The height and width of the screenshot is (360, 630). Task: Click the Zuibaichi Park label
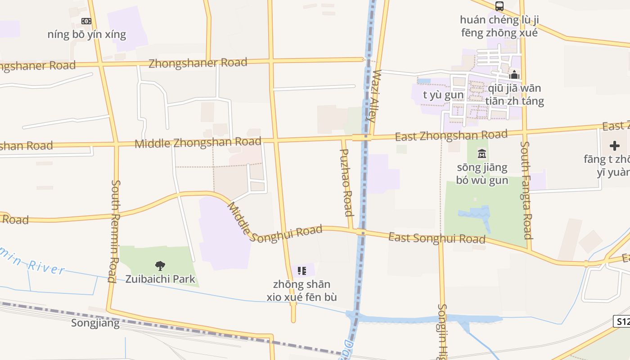click(160, 279)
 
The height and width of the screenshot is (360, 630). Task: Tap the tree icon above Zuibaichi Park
click(160, 266)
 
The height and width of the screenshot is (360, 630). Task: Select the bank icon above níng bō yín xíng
click(86, 21)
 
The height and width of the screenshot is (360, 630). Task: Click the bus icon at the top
click(499, 6)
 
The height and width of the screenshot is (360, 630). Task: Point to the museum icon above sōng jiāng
click(482, 154)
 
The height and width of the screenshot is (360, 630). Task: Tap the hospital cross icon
click(614, 146)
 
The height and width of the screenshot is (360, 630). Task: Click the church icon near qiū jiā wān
click(514, 75)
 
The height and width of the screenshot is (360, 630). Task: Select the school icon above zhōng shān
click(302, 271)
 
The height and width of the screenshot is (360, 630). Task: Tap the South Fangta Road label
click(526, 190)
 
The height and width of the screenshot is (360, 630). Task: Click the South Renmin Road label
click(115, 231)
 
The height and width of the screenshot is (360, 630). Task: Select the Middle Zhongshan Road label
click(198, 143)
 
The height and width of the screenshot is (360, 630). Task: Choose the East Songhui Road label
click(437, 238)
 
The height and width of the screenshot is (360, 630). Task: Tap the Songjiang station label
click(95, 323)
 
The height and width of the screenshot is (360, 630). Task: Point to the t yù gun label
click(443, 95)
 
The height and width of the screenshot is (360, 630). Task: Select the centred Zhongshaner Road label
click(198, 63)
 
